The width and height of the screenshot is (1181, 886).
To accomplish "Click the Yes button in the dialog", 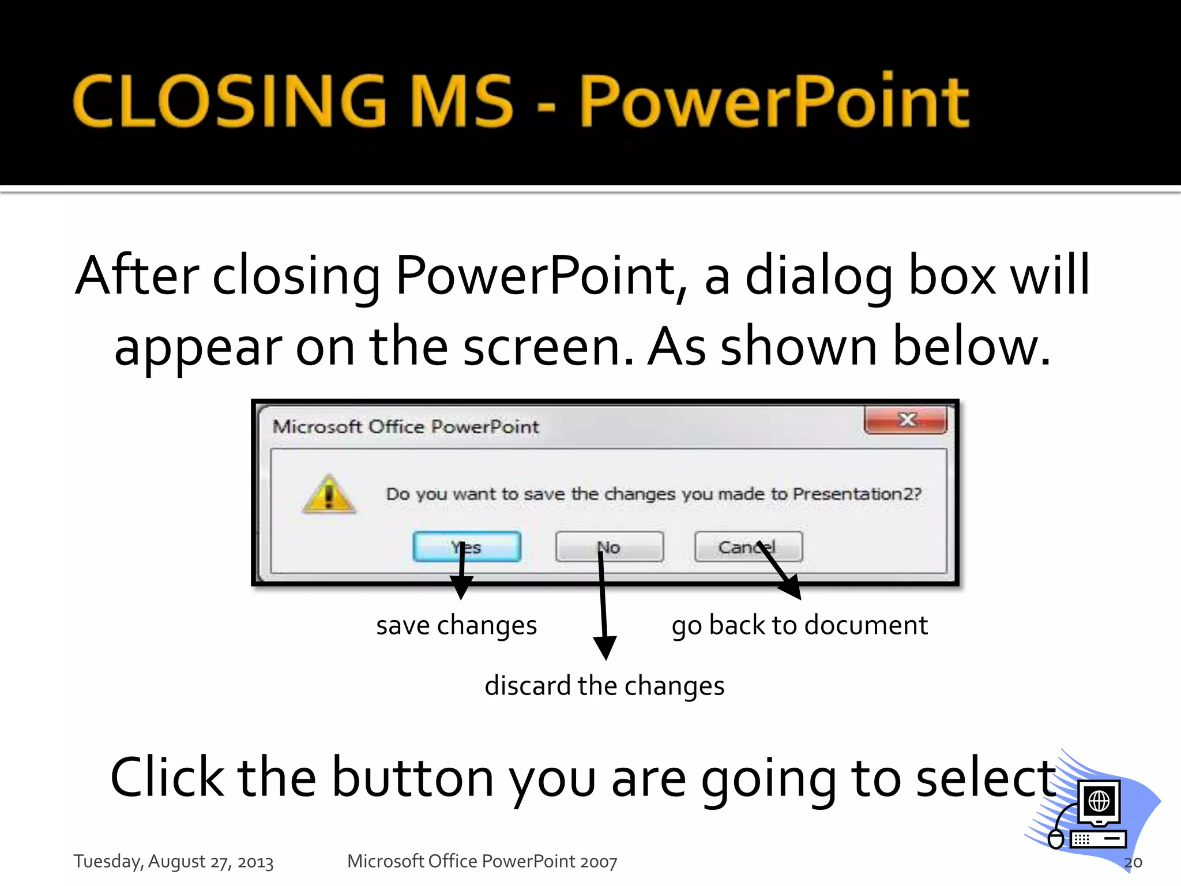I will click(467, 547).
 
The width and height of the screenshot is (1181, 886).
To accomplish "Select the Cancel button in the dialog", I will click(748, 547).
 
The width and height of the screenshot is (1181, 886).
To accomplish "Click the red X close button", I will click(906, 420).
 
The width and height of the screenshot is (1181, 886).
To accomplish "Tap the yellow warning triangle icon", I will click(329, 495).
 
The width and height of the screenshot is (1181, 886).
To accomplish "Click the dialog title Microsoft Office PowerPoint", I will click(405, 427).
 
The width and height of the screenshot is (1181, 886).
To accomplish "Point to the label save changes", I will click(456, 626).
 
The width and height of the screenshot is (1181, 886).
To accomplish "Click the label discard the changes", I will click(604, 686).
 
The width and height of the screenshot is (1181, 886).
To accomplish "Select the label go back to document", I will click(799, 626).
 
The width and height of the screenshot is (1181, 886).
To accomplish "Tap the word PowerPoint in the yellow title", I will click(774, 102).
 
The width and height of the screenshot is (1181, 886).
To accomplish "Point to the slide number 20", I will click(1133, 862).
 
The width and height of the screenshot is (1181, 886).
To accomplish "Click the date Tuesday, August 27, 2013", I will click(173, 861).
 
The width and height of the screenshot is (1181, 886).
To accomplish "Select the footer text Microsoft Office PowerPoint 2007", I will click(482, 861).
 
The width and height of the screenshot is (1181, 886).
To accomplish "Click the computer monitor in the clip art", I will click(1099, 802).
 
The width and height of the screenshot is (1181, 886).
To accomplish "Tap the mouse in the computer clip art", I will click(1055, 839).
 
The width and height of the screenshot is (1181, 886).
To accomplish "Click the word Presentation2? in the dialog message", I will click(857, 494).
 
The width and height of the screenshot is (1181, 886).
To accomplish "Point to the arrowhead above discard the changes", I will click(605, 647).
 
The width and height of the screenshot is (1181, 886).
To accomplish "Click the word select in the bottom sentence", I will click(986, 778).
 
